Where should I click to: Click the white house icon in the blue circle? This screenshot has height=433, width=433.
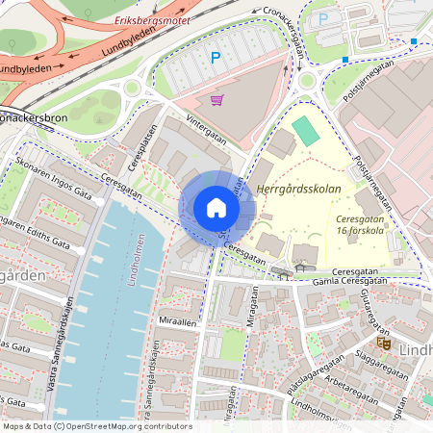pos(216,208)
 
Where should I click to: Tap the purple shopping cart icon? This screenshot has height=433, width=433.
pos(216,99)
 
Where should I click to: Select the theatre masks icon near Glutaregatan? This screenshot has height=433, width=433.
pos(383,342)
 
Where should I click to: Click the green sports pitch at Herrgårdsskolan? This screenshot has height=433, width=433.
pos(305,131)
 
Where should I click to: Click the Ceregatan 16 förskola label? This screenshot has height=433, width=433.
pos(361,224)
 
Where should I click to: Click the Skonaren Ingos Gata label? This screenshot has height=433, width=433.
pos(50,179)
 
